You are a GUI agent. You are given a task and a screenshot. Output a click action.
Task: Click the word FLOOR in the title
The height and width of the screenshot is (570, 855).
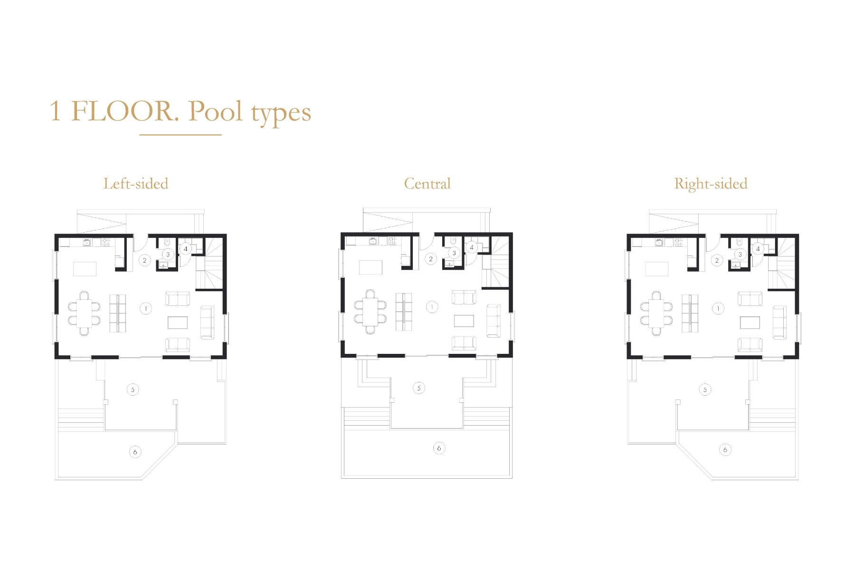click(x=125, y=111)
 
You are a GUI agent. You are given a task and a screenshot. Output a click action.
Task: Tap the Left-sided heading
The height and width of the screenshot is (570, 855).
click(x=136, y=184)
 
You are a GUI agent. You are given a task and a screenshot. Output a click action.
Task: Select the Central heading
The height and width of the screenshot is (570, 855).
click(x=427, y=184)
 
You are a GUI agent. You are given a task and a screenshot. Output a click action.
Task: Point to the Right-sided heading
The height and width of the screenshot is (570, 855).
click(x=711, y=184)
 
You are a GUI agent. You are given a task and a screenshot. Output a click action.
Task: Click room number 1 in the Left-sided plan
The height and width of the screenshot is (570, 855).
click(x=146, y=309)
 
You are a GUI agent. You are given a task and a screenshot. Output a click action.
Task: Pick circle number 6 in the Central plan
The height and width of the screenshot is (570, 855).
click(x=439, y=448)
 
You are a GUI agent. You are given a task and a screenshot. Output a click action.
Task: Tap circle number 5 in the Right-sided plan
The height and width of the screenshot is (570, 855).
click(x=705, y=390)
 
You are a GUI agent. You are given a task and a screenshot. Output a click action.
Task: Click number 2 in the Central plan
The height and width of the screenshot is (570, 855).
click(x=431, y=259)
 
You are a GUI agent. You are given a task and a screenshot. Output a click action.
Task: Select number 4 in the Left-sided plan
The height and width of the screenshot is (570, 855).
click(x=186, y=248)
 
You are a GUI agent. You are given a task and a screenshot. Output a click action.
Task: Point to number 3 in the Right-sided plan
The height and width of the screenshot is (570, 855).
click(x=740, y=255)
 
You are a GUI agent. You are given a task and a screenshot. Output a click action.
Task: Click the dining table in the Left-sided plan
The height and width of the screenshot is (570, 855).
click(x=84, y=313)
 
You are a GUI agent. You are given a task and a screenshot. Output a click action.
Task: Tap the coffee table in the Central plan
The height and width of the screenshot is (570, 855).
click(x=464, y=321)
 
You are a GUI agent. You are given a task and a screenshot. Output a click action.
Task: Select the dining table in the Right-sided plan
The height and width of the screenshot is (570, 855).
click(x=656, y=313)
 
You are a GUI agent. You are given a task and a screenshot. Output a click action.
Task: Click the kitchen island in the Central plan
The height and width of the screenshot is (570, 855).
click(x=370, y=267)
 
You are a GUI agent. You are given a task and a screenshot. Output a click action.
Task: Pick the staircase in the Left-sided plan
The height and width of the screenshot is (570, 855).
click(x=209, y=264)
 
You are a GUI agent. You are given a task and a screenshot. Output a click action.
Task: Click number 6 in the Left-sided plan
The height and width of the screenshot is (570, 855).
click(x=135, y=452)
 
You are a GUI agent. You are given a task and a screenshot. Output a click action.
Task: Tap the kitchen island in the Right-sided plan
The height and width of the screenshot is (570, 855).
click(x=657, y=269)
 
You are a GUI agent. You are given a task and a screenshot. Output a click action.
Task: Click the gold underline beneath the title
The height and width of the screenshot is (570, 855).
click(x=180, y=135)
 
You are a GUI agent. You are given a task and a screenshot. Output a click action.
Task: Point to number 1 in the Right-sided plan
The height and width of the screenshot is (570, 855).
click(x=718, y=309)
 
